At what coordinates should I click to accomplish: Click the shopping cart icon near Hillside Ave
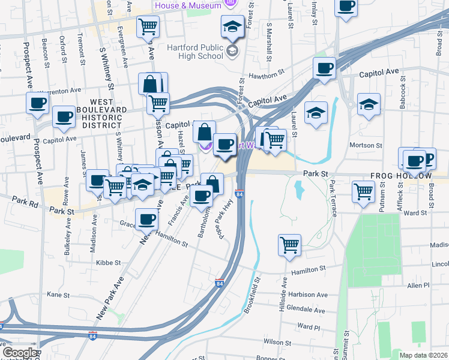(x=289, y=245)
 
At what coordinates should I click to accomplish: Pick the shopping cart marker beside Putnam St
(x=364, y=192)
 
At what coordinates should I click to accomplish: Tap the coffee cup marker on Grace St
(x=146, y=220)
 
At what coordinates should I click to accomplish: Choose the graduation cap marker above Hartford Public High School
(x=232, y=27)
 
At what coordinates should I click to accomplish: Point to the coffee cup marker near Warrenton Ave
(x=37, y=103)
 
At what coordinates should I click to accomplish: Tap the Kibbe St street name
(x=109, y=263)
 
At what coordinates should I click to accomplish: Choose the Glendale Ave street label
(x=306, y=310)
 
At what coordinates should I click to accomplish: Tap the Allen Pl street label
(x=418, y=287)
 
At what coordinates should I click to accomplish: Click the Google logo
(x=19, y=353)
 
